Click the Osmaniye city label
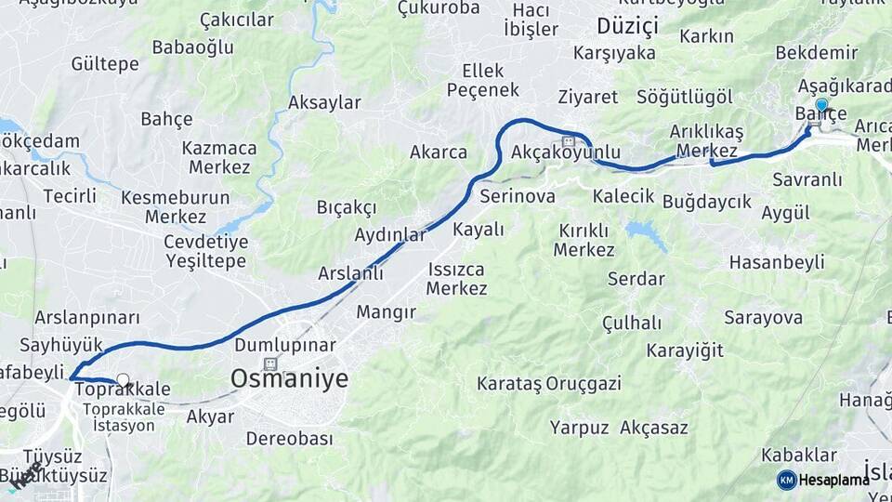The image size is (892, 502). pyautogui.click(x=289, y=378)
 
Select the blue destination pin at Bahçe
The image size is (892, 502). pyautogui.click(x=821, y=105)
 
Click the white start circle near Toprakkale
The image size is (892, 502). pyautogui.click(x=123, y=380)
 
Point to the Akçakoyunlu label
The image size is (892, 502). pyautogui.click(x=566, y=152)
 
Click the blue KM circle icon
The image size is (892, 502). pyautogui.click(x=786, y=480)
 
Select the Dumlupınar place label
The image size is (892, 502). pyautogui.click(x=284, y=345)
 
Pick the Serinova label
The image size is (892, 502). pyautogui.click(x=518, y=196)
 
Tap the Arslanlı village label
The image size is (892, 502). pyautogui.click(x=350, y=273)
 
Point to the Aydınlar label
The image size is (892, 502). pyautogui.click(x=389, y=235)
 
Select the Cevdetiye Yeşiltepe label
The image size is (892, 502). pyautogui.click(x=205, y=251)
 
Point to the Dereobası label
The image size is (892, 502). pyautogui.click(x=289, y=439)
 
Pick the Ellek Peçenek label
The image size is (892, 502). pyautogui.click(x=483, y=80)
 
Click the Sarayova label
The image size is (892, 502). pyautogui.click(x=764, y=318)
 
